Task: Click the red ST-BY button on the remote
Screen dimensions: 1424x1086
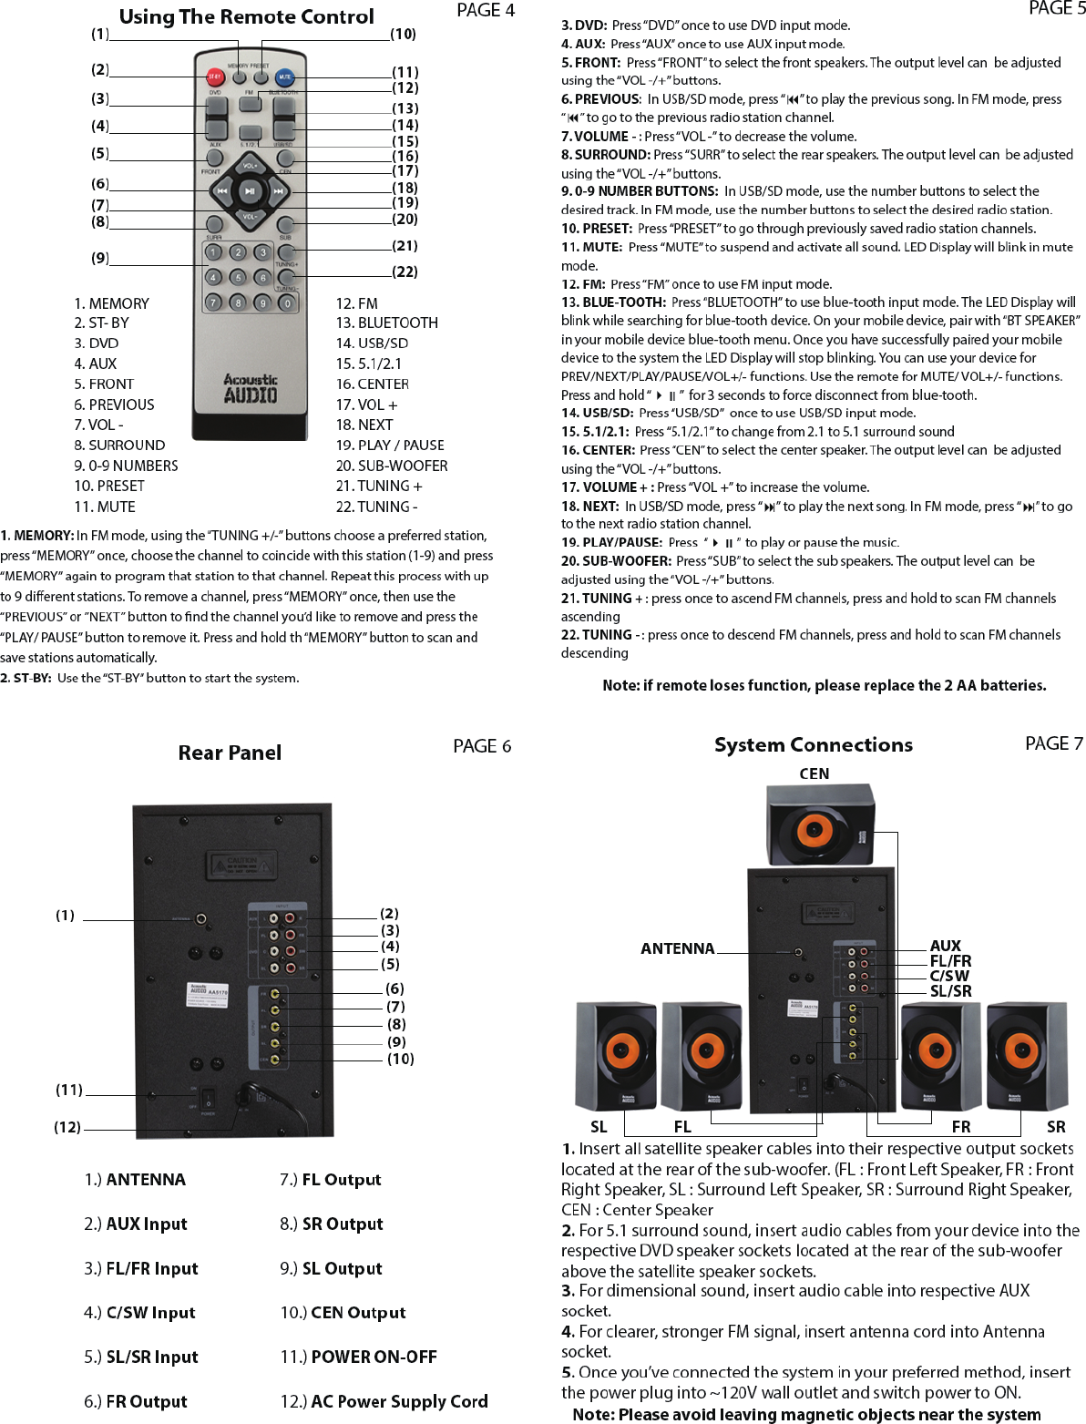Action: click(x=215, y=77)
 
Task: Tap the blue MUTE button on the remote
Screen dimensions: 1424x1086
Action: click(x=285, y=77)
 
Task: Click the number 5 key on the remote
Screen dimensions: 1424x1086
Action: click(x=238, y=277)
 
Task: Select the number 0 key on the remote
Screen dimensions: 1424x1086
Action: click(x=287, y=302)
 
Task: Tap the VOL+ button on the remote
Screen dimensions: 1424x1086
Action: click(x=250, y=167)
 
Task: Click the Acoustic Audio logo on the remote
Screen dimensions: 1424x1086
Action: click(x=251, y=388)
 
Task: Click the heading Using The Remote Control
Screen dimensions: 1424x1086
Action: click(x=246, y=16)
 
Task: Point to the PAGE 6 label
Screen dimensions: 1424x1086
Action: click(x=482, y=746)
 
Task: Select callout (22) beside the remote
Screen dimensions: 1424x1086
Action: click(x=405, y=271)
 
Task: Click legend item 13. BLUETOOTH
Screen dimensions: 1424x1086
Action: click(x=386, y=323)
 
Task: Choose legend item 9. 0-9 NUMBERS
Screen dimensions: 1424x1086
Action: click(x=126, y=466)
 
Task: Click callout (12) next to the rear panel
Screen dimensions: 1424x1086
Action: click(x=67, y=1127)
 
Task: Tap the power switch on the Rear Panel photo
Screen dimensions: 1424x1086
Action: click(x=209, y=1099)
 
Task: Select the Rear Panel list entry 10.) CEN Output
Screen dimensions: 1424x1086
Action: click(x=343, y=1313)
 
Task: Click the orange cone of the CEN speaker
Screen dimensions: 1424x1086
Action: click(x=812, y=830)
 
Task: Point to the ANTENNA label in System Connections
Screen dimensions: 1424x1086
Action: click(x=677, y=948)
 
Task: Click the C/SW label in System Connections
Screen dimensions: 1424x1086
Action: click(x=949, y=976)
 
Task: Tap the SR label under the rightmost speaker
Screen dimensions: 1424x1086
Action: click(x=1056, y=1127)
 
